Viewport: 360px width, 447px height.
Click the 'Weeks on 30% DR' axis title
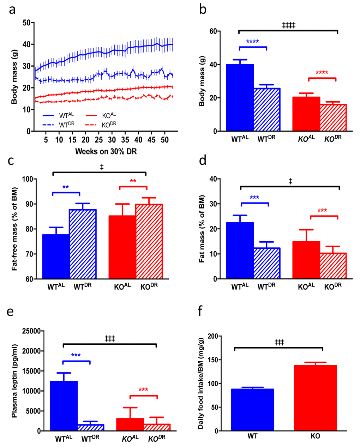[x=106, y=152]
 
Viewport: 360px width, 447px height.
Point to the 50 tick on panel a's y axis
[x=26, y=23]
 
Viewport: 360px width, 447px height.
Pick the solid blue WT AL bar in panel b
[x=240, y=98]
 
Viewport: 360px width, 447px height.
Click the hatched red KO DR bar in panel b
[x=333, y=117]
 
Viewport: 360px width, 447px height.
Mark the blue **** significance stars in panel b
[x=252, y=42]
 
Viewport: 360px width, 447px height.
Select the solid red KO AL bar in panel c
[x=122, y=247]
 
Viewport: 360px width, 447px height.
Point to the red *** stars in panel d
[x=322, y=211]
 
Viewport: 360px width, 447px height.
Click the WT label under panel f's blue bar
[x=252, y=436]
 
